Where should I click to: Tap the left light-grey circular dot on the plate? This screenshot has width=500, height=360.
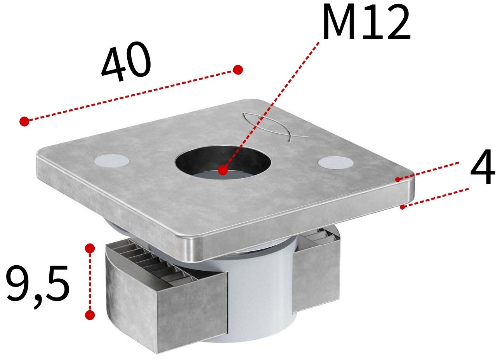point(112,160)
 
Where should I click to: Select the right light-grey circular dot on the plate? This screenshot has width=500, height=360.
point(335,162)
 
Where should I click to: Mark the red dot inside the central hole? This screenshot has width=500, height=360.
point(222,170)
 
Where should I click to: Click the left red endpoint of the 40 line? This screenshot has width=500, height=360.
point(24,121)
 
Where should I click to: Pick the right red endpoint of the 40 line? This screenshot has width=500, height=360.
point(238,70)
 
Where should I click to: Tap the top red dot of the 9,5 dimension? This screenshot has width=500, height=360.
point(90,248)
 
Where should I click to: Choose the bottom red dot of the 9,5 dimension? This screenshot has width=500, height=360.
point(90,315)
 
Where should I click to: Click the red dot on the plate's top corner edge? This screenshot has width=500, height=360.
point(398,179)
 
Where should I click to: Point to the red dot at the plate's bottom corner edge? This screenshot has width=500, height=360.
point(403,207)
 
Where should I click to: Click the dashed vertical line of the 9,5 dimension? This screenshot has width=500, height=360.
point(90,282)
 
